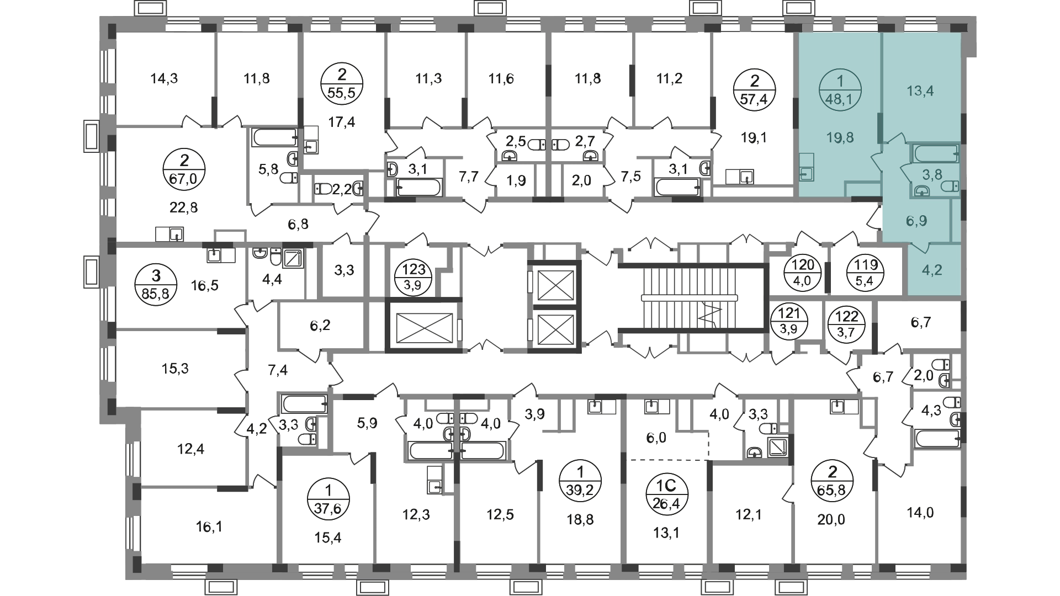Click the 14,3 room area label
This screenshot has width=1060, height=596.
[164, 78]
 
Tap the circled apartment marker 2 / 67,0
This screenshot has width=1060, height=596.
[184, 171]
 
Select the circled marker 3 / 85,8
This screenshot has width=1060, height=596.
[156, 283]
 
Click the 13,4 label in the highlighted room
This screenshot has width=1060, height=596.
[920, 91]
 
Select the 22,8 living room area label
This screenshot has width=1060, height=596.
[184, 207]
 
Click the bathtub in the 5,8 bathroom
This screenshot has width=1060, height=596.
[275, 137]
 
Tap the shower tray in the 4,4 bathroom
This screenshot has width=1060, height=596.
[292, 258]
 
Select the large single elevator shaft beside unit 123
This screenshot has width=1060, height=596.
[423, 324]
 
